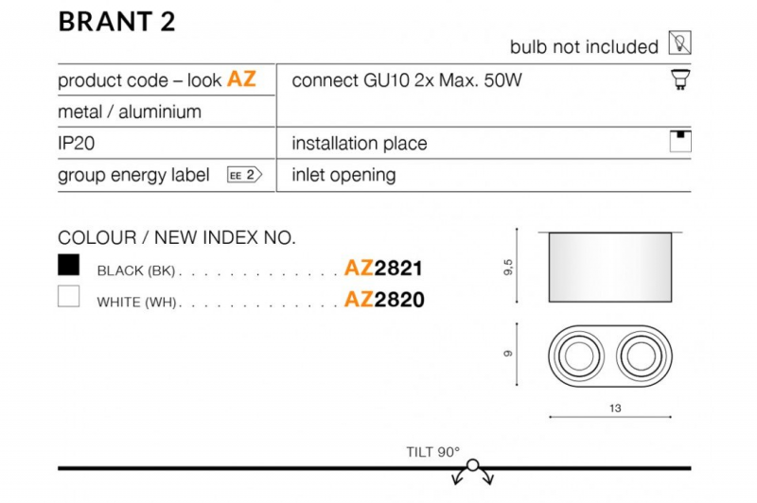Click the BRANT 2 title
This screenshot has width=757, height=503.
[x=116, y=22]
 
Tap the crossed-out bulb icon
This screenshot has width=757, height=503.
[x=679, y=43]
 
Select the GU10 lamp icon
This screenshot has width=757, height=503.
[x=680, y=79]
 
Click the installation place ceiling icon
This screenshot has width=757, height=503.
[x=680, y=141]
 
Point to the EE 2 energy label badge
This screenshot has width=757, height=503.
[x=244, y=175]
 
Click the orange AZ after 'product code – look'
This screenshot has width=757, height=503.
[x=241, y=78]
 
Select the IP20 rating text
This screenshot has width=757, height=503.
[x=77, y=143]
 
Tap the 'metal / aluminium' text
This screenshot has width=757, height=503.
[x=130, y=112]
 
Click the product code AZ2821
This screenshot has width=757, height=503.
[x=383, y=268]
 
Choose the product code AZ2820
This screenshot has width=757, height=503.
[x=384, y=300]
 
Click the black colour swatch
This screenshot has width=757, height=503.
[x=68, y=265]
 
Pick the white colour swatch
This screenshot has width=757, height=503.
[x=68, y=296]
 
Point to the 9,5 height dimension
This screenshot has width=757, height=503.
[x=507, y=267]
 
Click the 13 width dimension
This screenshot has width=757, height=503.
[x=614, y=408]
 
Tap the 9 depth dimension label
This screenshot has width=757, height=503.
[x=508, y=354]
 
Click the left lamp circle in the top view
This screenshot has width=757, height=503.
[x=578, y=356]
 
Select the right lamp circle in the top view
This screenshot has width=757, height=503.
[x=642, y=356]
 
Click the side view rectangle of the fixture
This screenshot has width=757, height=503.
[x=609, y=268]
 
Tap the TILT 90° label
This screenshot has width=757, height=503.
[x=433, y=452]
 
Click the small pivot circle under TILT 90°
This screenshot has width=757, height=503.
[x=473, y=465]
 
